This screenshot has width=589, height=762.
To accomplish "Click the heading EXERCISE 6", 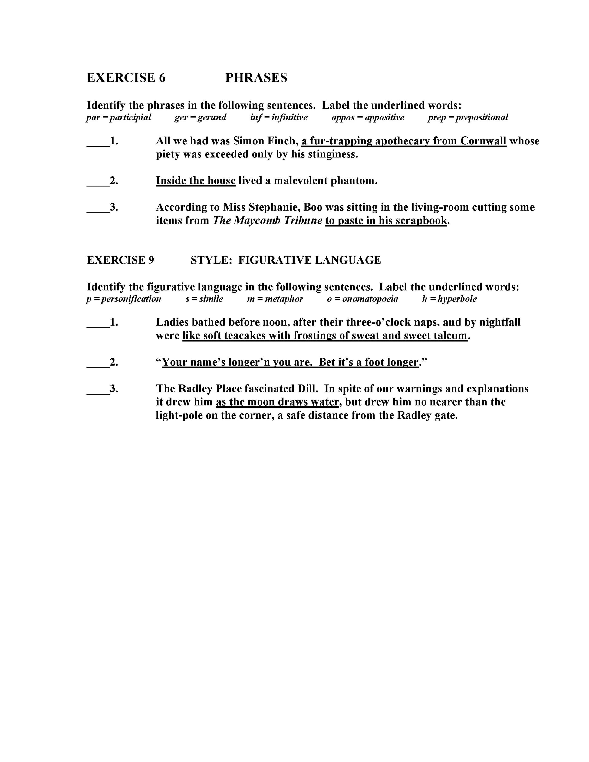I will click(126, 77).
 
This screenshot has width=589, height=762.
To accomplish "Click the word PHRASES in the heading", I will click(256, 77).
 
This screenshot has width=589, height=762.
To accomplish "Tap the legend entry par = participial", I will click(119, 117).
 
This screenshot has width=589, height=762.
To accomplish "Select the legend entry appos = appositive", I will click(368, 117).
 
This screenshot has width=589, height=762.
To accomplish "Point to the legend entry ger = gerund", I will click(200, 117).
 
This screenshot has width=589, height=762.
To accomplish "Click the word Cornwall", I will click(483, 141).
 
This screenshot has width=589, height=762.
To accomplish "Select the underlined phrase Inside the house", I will click(196, 180).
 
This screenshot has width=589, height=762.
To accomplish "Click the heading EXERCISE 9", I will click(120, 260).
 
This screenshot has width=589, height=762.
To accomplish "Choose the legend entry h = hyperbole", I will click(449, 299).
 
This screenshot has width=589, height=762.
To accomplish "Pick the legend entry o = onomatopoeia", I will click(362, 299).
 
